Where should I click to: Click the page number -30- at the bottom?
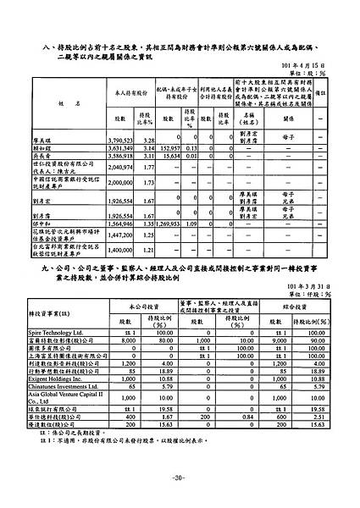(180, 478)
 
